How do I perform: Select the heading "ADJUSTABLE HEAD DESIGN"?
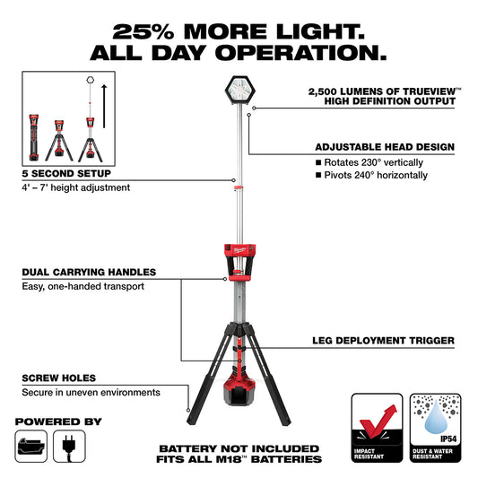[x=385, y=146]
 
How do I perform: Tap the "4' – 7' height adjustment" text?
[x=75, y=187]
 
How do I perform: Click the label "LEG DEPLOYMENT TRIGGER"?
[x=383, y=341]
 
